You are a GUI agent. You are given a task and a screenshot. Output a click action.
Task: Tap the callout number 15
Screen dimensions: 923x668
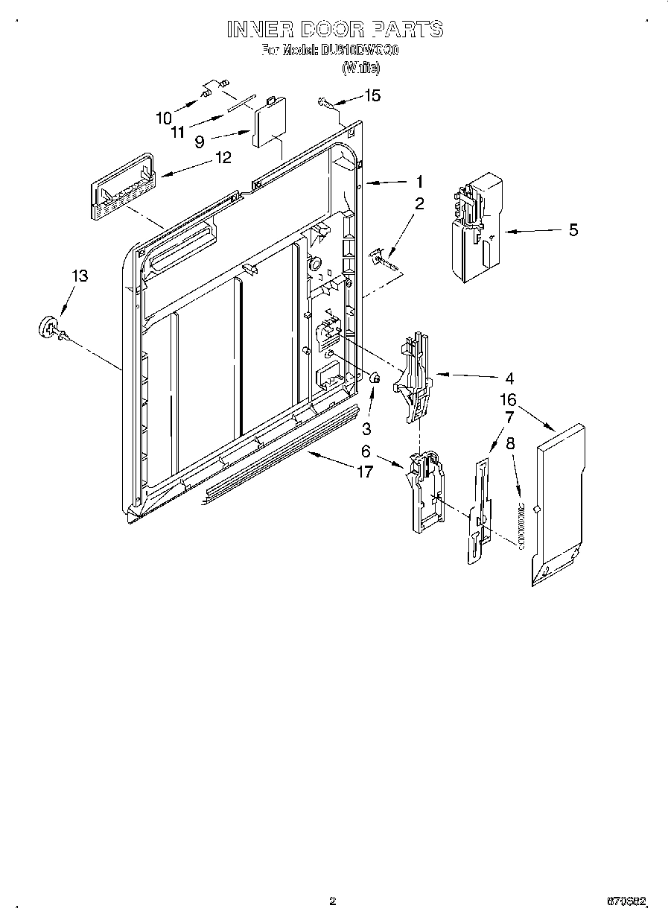pyautogui.click(x=372, y=95)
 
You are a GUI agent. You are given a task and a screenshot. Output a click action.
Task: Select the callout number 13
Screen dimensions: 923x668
pyautogui.click(x=80, y=276)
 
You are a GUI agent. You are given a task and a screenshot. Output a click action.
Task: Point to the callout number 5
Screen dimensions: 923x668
pyautogui.click(x=573, y=230)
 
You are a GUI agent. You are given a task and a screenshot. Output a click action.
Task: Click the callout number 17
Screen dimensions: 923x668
pyautogui.click(x=363, y=472)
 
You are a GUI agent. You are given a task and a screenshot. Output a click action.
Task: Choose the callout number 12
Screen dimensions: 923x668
pyautogui.click(x=222, y=157)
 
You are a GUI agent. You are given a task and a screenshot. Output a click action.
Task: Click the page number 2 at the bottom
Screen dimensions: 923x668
pyautogui.click(x=333, y=901)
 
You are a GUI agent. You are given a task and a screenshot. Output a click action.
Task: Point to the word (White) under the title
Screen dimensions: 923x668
pyautogui.click(x=361, y=67)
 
